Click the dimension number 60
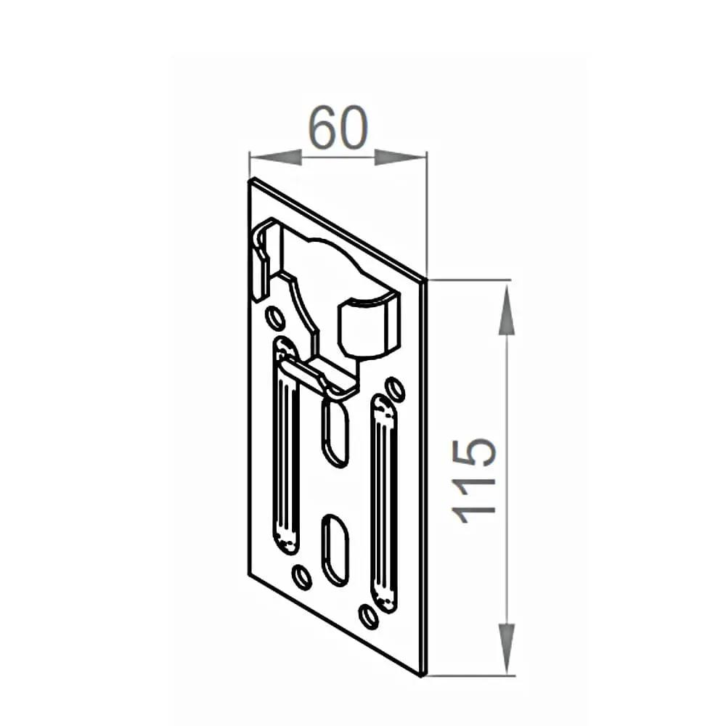tap(338, 129)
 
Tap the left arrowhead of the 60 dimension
tap(275, 157)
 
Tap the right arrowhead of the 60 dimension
tap(400, 157)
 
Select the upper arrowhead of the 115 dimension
tap(507, 309)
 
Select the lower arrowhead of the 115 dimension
tap(507, 648)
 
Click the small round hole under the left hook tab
tap(275, 318)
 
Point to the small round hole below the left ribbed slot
tap(301, 577)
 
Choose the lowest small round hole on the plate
tap(369, 616)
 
